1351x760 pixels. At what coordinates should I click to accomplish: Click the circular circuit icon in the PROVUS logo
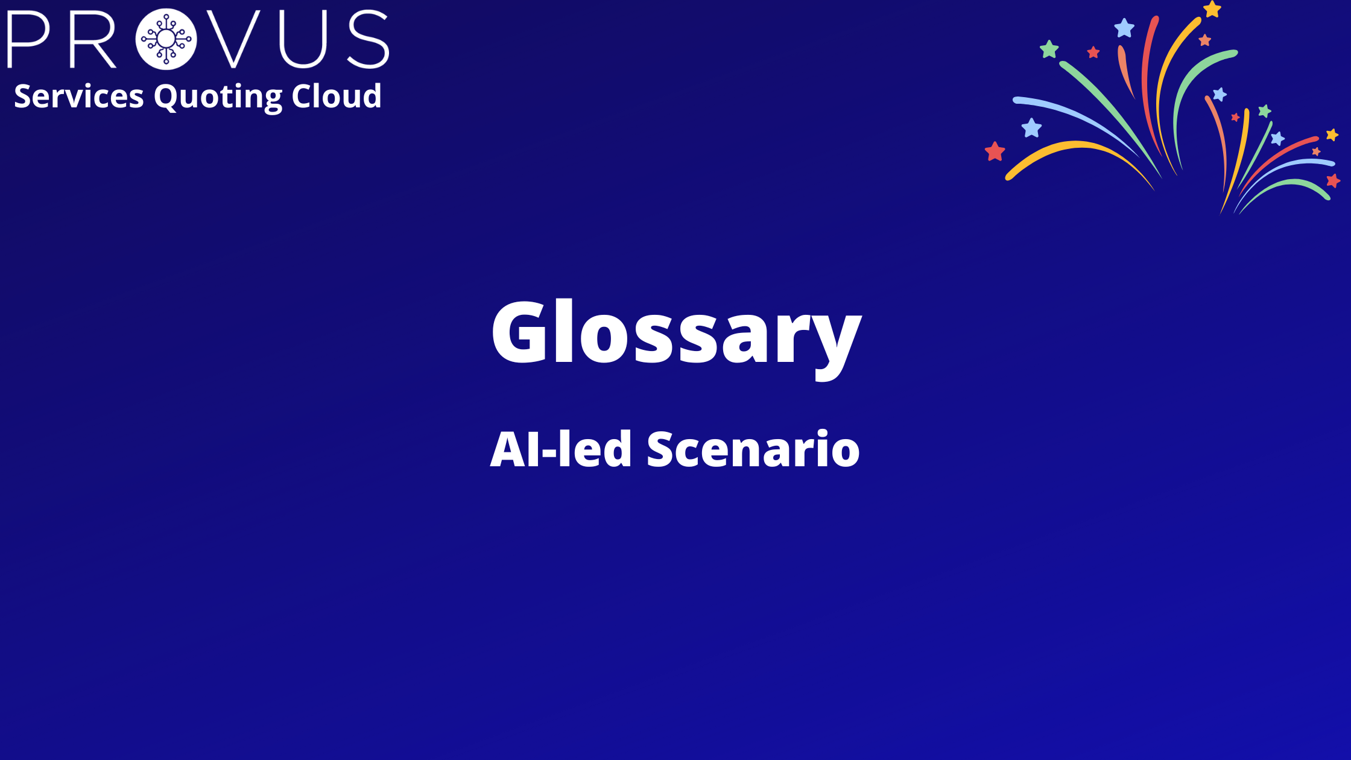pyautogui.click(x=166, y=39)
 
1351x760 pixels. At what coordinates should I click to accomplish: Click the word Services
pyautogui.click(x=79, y=96)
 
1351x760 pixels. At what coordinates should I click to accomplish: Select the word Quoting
pyautogui.click(x=218, y=97)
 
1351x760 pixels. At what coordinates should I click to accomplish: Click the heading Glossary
pyautogui.click(x=676, y=337)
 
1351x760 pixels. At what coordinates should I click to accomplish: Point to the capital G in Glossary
pyautogui.click(x=520, y=331)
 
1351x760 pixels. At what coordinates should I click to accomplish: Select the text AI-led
pyautogui.click(x=561, y=449)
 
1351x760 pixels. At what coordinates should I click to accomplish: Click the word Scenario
pyautogui.click(x=753, y=449)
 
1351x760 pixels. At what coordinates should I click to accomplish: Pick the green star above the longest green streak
pyautogui.click(x=1049, y=49)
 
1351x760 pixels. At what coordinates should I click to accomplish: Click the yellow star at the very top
pyautogui.click(x=1212, y=9)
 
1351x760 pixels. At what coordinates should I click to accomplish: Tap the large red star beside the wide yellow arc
pyautogui.click(x=995, y=151)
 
